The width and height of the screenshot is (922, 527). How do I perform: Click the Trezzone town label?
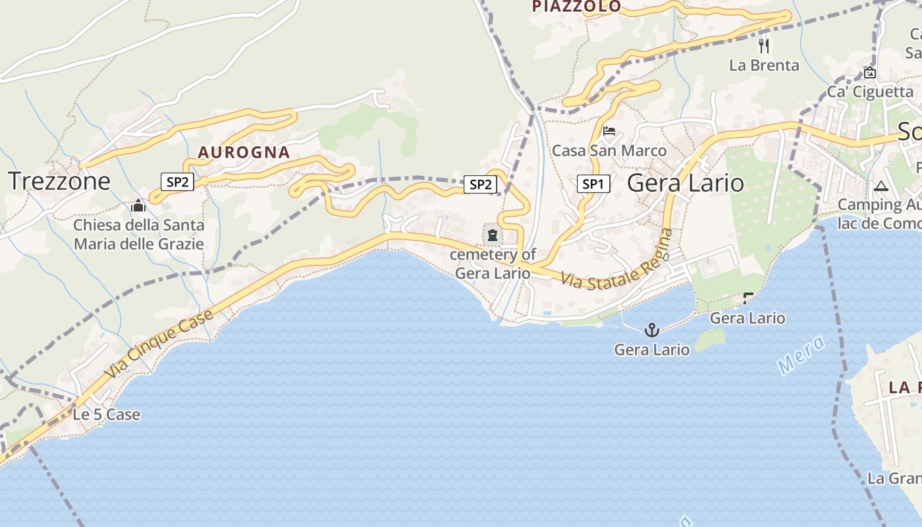(x=59, y=181)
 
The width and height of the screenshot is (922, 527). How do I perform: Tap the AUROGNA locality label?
(x=244, y=152)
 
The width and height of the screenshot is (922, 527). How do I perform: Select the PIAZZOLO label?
(x=576, y=7)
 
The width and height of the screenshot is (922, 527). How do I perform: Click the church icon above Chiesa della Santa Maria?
(x=138, y=206)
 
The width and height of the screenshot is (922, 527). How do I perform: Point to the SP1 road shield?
(x=593, y=184)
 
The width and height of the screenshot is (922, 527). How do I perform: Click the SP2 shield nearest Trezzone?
(x=177, y=182)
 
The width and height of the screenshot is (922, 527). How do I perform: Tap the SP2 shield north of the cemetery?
(x=480, y=184)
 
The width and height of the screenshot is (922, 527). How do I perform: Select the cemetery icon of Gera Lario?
(x=492, y=235)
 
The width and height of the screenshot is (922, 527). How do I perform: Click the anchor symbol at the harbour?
(x=651, y=329)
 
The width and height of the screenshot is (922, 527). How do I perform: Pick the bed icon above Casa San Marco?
(x=609, y=131)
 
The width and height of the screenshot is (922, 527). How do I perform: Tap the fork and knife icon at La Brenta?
(x=764, y=45)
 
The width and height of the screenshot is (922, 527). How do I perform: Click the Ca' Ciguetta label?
(x=870, y=92)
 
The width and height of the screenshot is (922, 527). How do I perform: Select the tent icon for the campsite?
(x=881, y=186)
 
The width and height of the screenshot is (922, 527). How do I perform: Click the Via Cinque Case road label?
(x=159, y=343)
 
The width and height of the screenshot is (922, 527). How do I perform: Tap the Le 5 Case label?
(x=106, y=414)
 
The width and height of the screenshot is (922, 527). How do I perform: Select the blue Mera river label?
(x=801, y=354)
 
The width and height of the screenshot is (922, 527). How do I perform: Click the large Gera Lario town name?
(x=686, y=182)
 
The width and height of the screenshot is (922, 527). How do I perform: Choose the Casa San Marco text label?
(x=609, y=151)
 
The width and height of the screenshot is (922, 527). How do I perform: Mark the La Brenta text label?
(x=764, y=65)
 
